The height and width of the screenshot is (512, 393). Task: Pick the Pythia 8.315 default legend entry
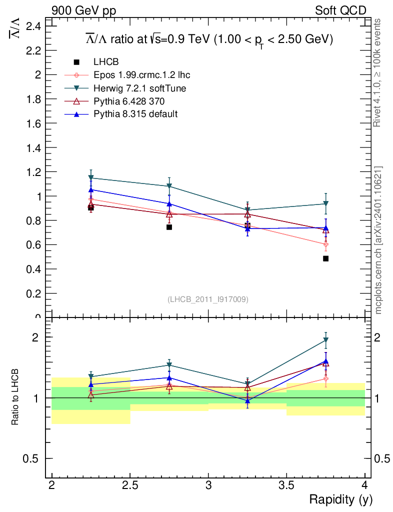(135, 114)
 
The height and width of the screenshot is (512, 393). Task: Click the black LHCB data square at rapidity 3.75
(325, 258)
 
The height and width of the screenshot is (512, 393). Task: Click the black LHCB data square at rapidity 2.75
(169, 227)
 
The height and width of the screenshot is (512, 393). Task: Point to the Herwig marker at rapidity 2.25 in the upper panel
(91, 178)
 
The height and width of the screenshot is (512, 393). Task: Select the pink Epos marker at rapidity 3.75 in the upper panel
(325, 244)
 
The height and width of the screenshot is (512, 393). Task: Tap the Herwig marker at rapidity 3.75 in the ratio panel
(325, 340)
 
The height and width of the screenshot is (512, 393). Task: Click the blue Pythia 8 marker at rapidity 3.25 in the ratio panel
(247, 400)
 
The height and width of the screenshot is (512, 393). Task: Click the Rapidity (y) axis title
(340, 499)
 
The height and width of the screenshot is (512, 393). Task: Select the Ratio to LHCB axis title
(15, 397)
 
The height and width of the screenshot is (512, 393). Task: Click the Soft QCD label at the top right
(340, 10)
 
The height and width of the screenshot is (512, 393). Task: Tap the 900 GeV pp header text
(83, 10)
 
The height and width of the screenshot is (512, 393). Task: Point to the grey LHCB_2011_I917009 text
(208, 299)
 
